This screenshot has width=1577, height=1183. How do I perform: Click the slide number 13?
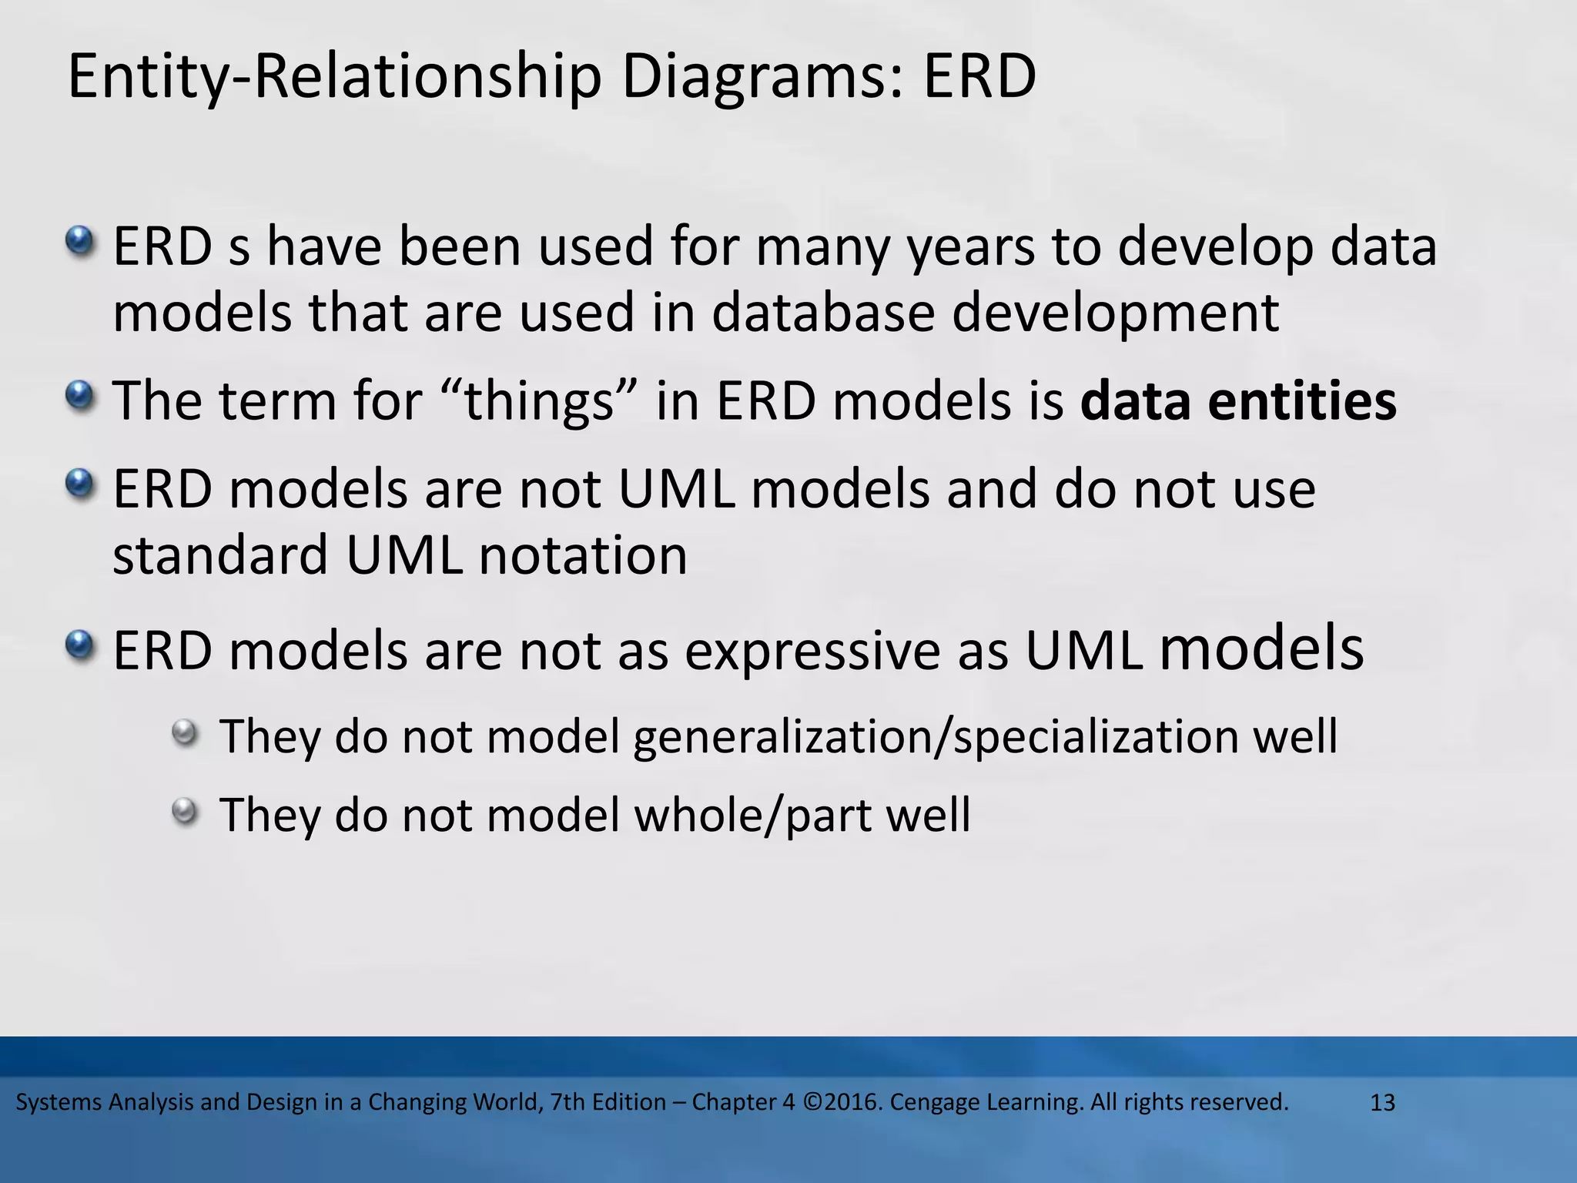[x=1383, y=1103]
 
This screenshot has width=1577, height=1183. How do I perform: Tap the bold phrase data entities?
[x=1238, y=401]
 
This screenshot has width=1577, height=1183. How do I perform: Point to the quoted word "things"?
[x=540, y=401]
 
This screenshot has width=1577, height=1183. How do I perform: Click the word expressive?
[x=812, y=651]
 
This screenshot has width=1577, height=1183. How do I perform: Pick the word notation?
[x=583, y=555]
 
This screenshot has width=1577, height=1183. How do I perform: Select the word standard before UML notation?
[x=220, y=555]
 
